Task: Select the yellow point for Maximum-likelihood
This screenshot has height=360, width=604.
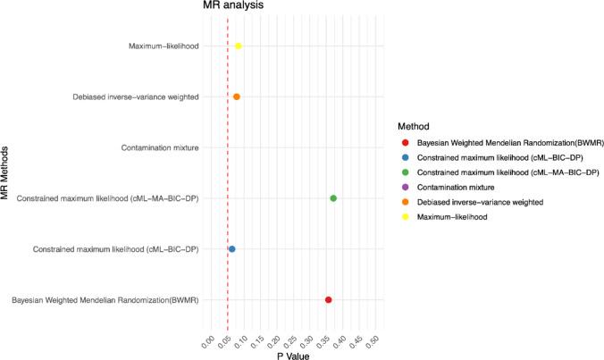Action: pos(238,46)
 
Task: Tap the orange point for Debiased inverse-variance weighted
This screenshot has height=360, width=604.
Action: pos(236,96)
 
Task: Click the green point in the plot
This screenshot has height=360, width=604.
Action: pos(333,198)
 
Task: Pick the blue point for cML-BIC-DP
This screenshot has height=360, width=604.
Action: pos(231,249)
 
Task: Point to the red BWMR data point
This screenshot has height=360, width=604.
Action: pos(329,300)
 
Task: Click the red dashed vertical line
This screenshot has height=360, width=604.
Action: pos(228,170)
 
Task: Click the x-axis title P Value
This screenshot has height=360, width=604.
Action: pos(292,356)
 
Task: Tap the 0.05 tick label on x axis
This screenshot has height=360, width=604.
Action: pos(223,339)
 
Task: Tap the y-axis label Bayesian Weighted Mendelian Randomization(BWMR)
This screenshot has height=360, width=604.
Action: pos(105,300)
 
